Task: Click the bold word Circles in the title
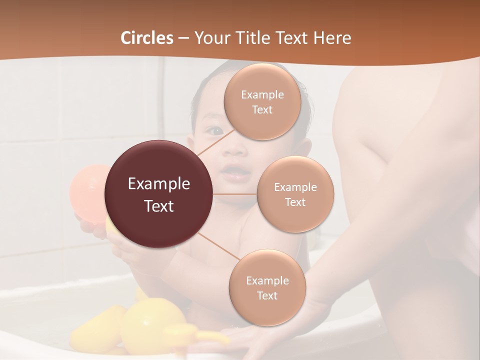tap(147, 38)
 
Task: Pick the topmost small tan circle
tap(262, 102)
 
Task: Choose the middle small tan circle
tap(295, 194)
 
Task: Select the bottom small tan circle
tap(267, 288)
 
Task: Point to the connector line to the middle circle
tap(235, 194)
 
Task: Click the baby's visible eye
tap(215, 131)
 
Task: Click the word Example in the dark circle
tap(159, 184)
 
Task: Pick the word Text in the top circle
tap(262, 109)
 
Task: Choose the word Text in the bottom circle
tap(267, 295)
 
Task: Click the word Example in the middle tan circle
tap(295, 187)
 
